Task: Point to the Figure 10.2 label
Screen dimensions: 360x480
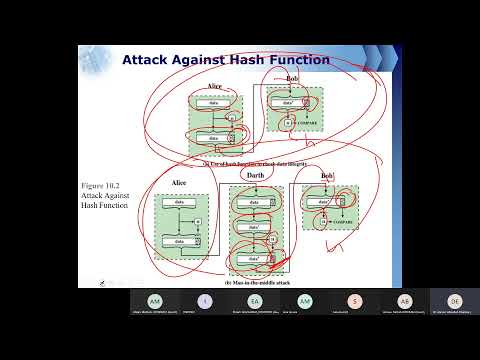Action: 103,186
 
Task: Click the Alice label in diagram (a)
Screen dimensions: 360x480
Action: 212,87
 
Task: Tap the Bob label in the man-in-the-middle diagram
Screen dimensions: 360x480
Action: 326,176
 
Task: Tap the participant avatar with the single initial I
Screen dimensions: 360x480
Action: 205,301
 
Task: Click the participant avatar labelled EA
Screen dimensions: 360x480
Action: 254,301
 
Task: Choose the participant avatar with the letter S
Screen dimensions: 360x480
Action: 354,301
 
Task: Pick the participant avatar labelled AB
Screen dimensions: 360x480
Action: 404,301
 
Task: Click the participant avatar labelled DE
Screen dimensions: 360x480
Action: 454,301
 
